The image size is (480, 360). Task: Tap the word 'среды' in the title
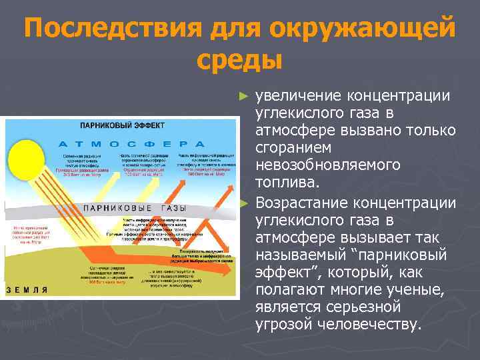pyautogui.click(x=240, y=61)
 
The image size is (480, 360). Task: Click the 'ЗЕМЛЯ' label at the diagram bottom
pyautogui.click(x=28, y=290)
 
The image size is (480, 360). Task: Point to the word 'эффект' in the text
pyautogui.click(x=279, y=271)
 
